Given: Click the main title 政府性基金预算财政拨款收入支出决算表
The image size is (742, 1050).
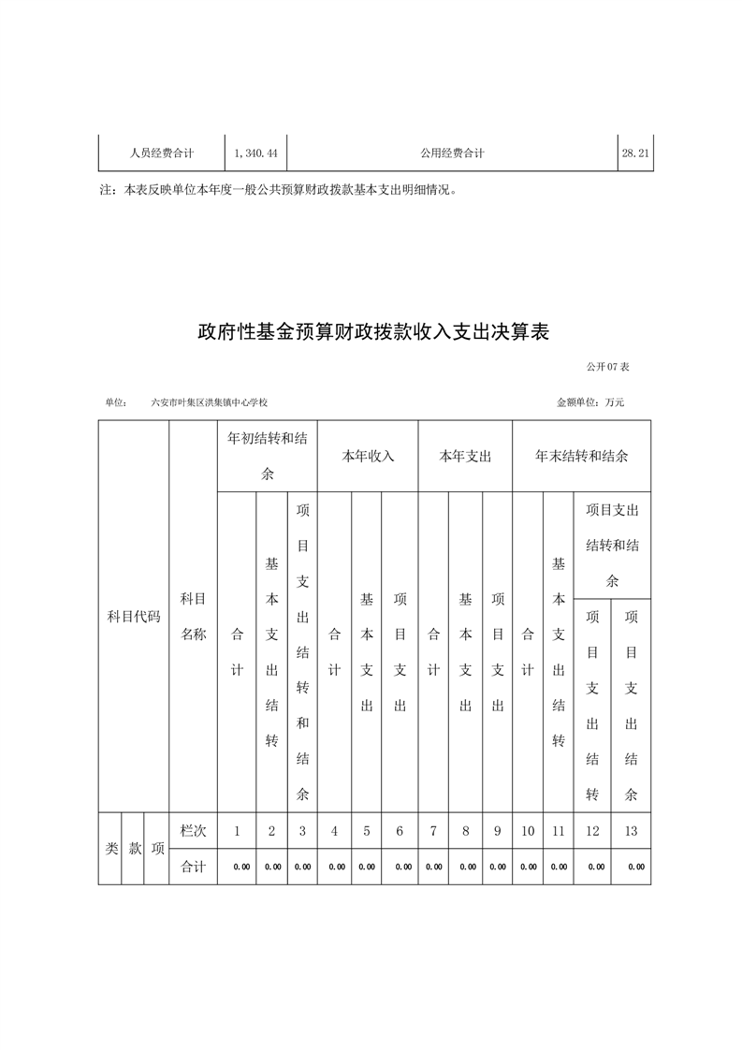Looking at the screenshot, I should click(371, 331).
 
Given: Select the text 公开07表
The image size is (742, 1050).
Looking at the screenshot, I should click(608, 367).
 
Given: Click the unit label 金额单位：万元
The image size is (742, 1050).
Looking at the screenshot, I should click(590, 402).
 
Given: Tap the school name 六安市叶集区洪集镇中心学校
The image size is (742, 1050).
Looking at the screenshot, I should click(210, 402).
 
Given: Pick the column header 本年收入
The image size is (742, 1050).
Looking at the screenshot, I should click(368, 457).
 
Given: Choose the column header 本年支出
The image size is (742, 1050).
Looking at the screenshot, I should click(465, 457).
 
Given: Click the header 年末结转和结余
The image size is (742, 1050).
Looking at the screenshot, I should click(581, 457).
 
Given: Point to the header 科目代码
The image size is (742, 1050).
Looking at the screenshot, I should click(134, 617).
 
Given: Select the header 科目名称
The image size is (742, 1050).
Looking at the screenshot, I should click(193, 616).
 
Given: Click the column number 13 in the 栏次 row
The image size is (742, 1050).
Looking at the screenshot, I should click(632, 830).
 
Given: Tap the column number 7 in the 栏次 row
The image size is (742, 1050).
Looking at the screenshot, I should click(433, 830).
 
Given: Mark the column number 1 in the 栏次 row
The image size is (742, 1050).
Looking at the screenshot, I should click(238, 830).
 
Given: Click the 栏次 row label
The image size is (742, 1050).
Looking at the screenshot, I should click(193, 830).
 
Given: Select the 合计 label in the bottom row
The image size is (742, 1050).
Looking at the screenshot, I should click(193, 867).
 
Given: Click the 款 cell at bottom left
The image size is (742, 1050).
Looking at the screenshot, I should click(134, 849).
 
